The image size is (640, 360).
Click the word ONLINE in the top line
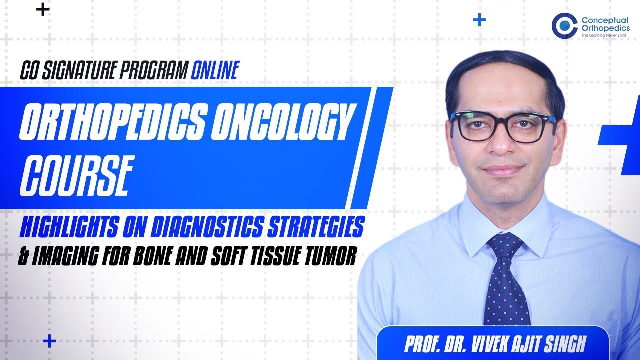coord(215,70)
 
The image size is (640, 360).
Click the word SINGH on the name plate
coord(565,344)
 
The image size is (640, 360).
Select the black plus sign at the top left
coord(43,10)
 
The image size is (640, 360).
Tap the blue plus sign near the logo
coord(479,20)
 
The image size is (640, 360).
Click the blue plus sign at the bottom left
coord(49,341)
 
